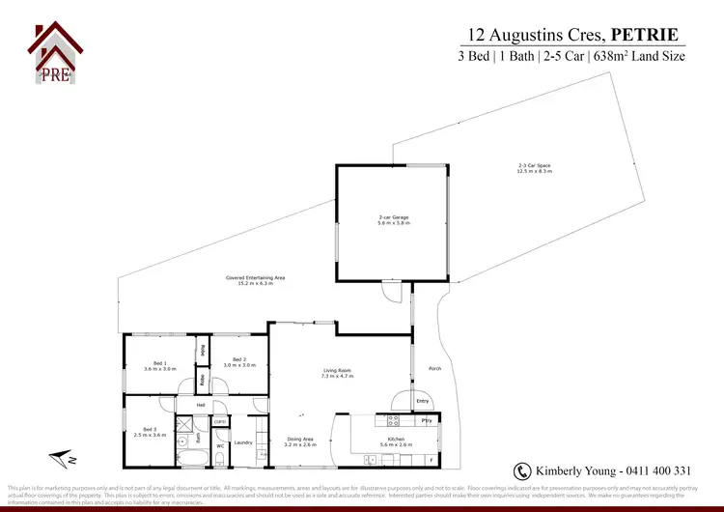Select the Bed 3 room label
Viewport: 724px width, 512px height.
tap(149, 431)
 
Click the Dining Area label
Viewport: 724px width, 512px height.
tap(301, 442)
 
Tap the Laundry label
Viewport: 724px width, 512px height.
tap(243, 442)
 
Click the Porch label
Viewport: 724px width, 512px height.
tap(433, 368)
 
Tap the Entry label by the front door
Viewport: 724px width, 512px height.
tap(423, 401)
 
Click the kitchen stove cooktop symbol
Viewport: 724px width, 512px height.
tap(394, 420)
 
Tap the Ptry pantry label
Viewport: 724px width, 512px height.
tap(426, 421)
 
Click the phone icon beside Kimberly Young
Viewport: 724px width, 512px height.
tap(522, 470)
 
